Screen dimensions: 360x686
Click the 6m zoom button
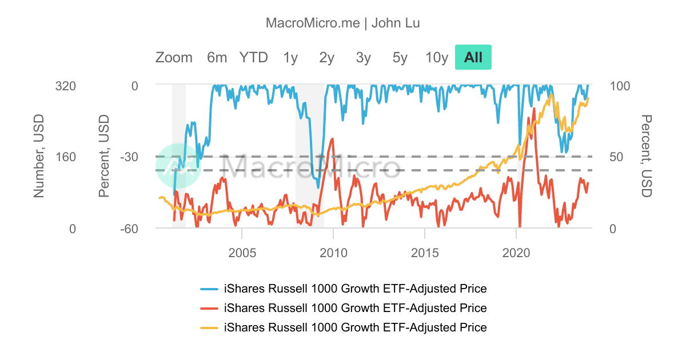tap(217, 57)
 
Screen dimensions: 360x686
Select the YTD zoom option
tap(253, 57)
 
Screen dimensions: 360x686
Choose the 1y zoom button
tap(290, 57)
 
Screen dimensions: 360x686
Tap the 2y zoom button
tap(327, 57)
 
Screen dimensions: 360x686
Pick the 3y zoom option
tap(364, 57)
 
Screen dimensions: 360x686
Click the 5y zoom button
tap(400, 57)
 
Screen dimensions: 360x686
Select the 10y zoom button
tap(437, 57)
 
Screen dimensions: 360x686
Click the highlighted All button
tap(473, 57)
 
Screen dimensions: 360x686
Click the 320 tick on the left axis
tap(65, 86)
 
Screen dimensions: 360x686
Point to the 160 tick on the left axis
tap(65, 157)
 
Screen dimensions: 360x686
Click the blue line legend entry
tap(344, 289)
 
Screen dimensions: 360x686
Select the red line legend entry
tap(344, 308)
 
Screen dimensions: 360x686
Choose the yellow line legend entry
tap(344, 327)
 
